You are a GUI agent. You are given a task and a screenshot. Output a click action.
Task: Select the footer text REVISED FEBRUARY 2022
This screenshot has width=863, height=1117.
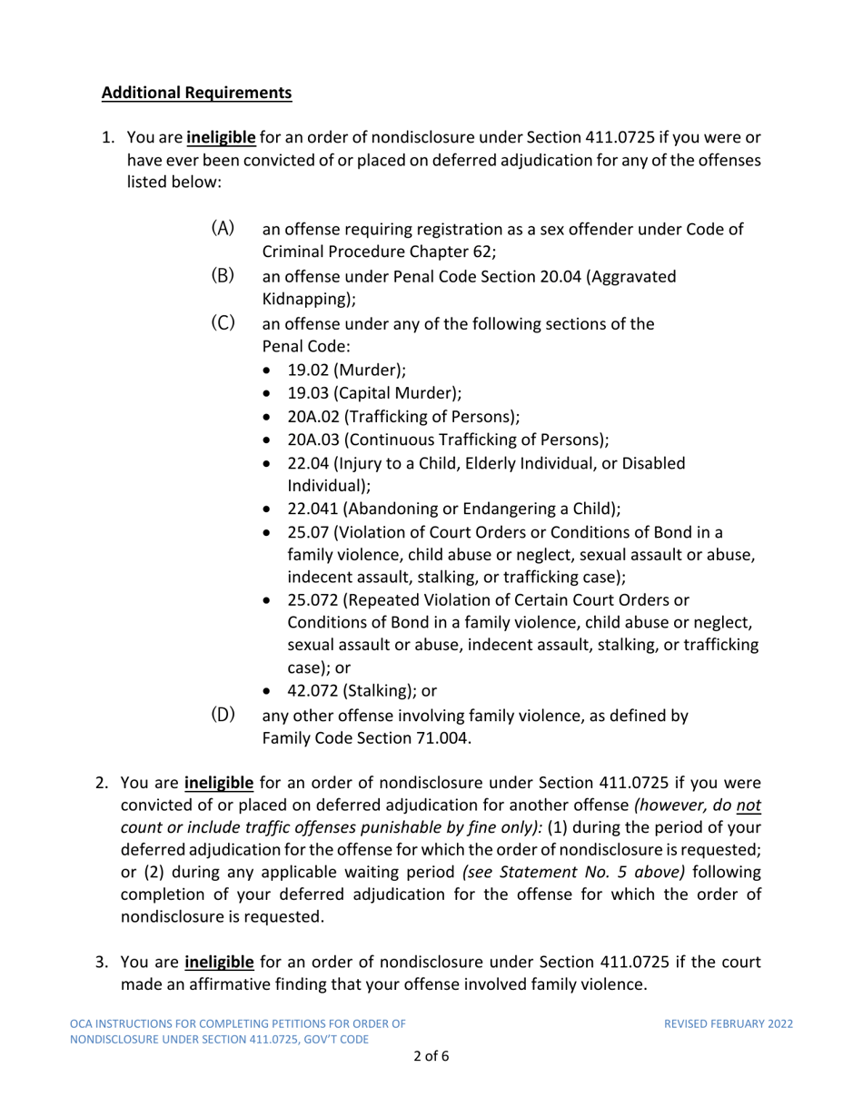[x=729, y=1023]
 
